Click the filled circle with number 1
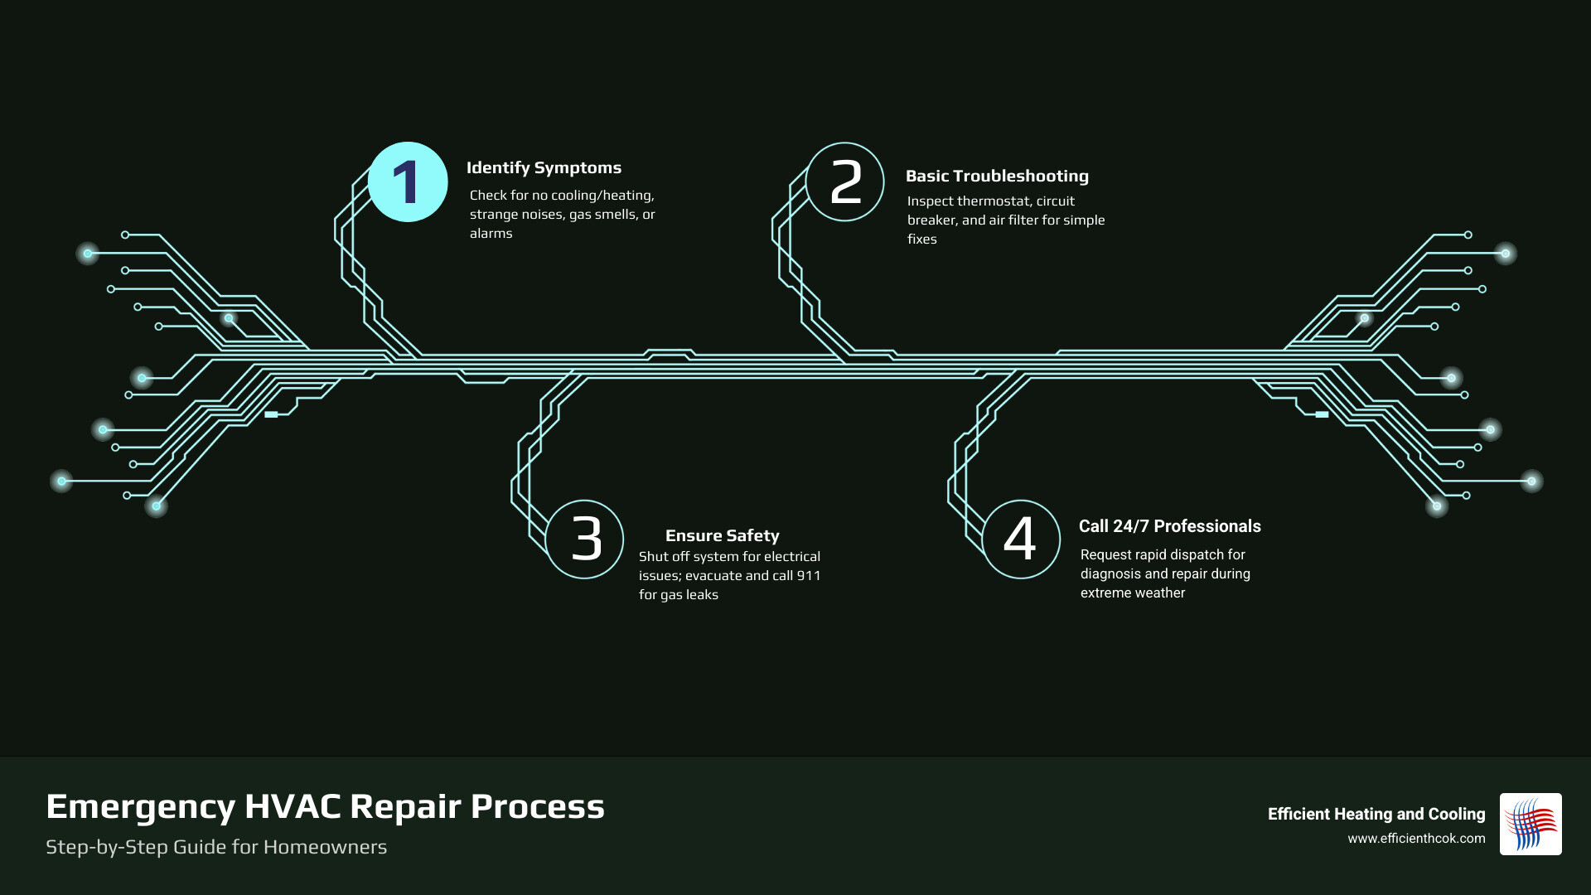408,182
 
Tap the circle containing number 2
845,182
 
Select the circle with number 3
585,539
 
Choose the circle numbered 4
1021,539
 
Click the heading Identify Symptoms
544,167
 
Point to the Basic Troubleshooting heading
997,176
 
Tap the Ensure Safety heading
722,535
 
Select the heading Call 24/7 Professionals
1169,526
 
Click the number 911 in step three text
808,575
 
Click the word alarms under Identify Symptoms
491,233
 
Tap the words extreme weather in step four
1132,593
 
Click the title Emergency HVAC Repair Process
325,806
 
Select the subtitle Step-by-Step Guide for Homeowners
216,847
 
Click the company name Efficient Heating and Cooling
1376,814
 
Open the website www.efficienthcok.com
1415,839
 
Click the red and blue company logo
1530,824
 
